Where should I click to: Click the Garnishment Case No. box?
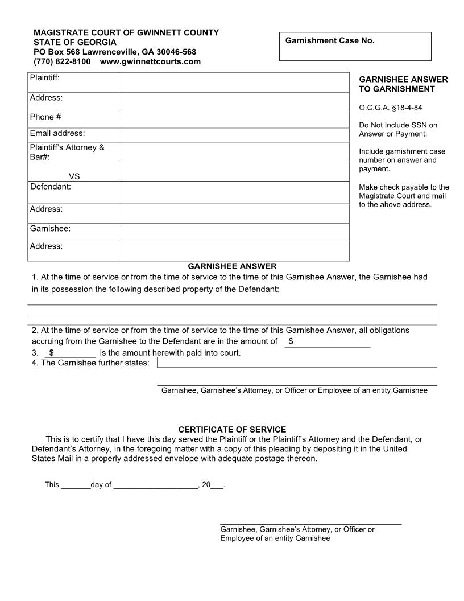(355, 47)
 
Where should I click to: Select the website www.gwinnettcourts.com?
(150, 61)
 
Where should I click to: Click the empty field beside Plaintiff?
(234, 82)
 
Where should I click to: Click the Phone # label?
(45, 117)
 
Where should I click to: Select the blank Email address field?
(234, 134)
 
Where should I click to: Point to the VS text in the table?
(74, 177)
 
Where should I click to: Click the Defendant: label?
(50, 187)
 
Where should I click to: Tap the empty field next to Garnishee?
(234, 232)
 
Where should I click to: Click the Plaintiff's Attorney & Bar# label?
(67, 152)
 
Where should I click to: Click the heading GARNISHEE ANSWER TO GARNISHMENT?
(403, 84)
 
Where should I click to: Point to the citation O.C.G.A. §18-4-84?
(391, 108)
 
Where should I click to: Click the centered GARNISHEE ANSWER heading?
(232, 266)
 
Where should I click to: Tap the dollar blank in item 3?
(74, 353)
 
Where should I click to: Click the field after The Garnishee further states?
(296, 363)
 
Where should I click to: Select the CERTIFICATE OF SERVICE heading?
(232, 429)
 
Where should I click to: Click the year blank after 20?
(217, 485)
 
